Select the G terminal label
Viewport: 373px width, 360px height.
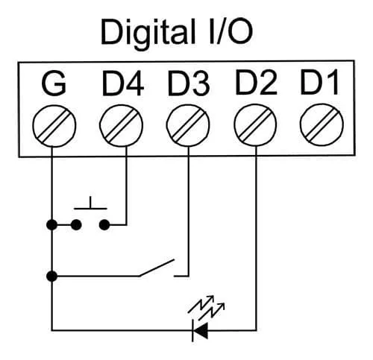pyautogui.click(x=54, y=83)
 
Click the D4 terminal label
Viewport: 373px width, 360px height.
pyautogui.click(x=122, y=83)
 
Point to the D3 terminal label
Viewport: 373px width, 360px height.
pyautogui.click(x=189, y=83)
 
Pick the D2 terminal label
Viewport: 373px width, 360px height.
pyautogui.click(x=256, y=83)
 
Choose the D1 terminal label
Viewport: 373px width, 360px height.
pyautogui.click(x=319, y=83)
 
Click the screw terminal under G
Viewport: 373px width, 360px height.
pyautogui.click(x=54, y=126)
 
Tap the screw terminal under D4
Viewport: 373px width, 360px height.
pyautogui.click(x=121, y=125)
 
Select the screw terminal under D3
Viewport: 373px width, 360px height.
pyautogui.click(x=188, y=125)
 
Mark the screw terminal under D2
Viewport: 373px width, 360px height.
pyautogui.click(x=255, y=125)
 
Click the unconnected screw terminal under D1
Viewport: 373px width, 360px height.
pyautogui.click(x=322, y=124)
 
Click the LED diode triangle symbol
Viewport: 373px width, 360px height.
pyautogui.click(x=200, y=331)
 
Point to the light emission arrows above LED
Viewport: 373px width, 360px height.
pyautogui.click(x=206, y=308)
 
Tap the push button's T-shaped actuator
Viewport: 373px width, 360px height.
pyautogui.click(x=91, y=203)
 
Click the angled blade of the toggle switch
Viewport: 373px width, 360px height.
pyautogui.click(x=157, y=268)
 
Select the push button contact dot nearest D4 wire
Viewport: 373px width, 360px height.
pyautogui.click(x=104, y=225)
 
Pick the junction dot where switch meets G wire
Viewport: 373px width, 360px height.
pyautogui.click(x=51, y=277)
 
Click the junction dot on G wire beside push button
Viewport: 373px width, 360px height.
pyautogui.click(x=51, y=225)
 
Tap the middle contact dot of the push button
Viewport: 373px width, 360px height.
pyautogui.click(x=76, y=225)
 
